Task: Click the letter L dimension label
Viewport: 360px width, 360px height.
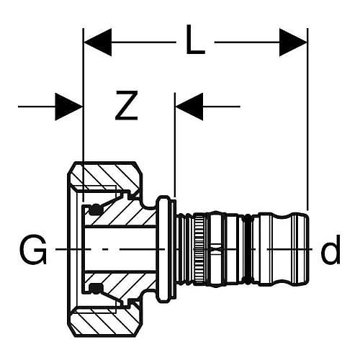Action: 196,40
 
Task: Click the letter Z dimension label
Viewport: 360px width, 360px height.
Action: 127,105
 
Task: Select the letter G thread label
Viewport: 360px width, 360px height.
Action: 33,250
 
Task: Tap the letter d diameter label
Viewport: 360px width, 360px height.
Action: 330,250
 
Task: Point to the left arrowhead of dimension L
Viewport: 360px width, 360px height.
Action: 98,42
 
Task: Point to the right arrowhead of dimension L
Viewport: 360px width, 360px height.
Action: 293,42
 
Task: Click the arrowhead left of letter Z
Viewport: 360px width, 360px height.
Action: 69,107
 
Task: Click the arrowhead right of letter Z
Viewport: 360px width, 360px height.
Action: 189,107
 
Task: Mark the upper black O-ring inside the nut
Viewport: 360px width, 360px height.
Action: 95,210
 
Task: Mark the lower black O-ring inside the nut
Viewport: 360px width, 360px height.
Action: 95,289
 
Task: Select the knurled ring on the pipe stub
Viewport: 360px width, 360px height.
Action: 199,249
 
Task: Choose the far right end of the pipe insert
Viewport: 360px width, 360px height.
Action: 308,249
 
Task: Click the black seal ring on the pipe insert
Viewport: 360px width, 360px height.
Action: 248,249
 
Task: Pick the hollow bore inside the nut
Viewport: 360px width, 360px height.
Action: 120,249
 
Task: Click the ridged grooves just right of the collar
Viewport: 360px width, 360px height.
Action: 185,249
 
